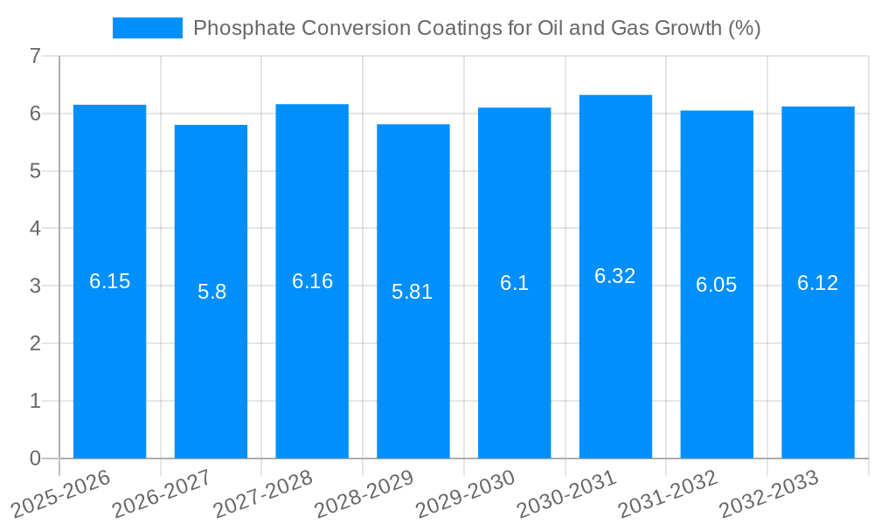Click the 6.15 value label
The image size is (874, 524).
coord(110,281)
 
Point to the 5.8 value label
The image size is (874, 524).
coord(212,292)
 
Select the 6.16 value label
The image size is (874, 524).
coord(312,281)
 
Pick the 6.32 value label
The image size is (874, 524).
coord(615,276)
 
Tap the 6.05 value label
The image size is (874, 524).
coord(716,285)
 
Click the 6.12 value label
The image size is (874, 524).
coord(817,283)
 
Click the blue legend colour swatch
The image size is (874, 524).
coord(147,28)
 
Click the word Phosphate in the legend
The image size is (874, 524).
coord(235,28)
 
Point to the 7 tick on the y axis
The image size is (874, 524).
coord(35,56)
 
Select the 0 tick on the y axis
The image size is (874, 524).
coord(35,458)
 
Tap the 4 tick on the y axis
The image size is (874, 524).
coord(35,229)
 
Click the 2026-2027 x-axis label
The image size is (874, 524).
coord(163,493)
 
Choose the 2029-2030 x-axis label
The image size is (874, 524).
coord(466,493)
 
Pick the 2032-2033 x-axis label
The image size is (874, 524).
coord(769,493)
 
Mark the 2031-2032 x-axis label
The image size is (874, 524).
coord(669,493)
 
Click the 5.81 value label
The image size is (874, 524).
coord(413,292)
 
